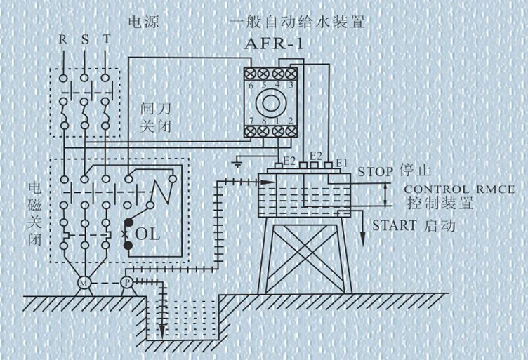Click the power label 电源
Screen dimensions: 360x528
(143, 22)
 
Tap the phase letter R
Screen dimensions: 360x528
(62, 41)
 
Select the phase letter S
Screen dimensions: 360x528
(84, 41)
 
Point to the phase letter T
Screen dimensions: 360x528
(107, 41)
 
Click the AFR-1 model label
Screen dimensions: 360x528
(276, 44)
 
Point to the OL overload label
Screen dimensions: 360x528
(147, 233)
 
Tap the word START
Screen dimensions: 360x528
(395, 226)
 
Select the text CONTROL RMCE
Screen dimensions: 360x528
(460, 189)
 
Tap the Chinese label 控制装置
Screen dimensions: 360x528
(440, 205)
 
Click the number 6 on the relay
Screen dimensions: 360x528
(251, 84)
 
